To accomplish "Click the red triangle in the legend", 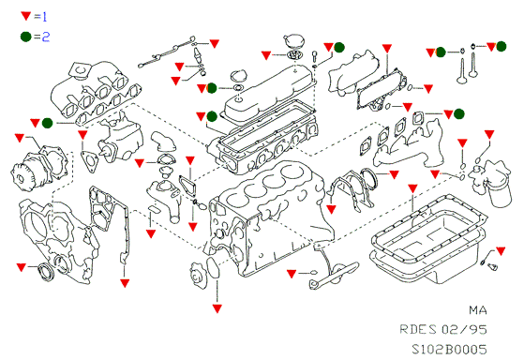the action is pyautogui.click(x=26, y=15).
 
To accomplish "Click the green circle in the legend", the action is pyautogui.click(x=25, y=37).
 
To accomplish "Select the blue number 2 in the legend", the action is pyautogui.click(x=46, y=37).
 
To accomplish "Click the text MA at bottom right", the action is pyautogui.click(x=478, y=310).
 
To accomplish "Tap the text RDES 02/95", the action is pyautogui.click(x=443, y=330).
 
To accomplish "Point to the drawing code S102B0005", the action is pyautogui.click(x=449, y=350).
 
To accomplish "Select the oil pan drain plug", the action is pyautogui.click(x=492, y=266).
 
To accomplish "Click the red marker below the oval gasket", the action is pyautogui.click(x=217, y=308).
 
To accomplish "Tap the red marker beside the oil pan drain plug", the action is pyautogui.click(x=501, y=250).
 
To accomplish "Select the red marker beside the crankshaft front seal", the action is pyautogui.click(x=21, y=267).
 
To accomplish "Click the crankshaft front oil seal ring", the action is pyautogui.click(x=45, y=272).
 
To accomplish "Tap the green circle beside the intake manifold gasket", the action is pyautogui.click(x=47, y=123).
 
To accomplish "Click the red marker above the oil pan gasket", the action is pyautogui.click(x=413, y=188).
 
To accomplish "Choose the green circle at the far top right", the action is pyautogui.click(x=501, y=47).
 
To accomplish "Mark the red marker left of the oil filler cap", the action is pyautogui.click(x=266, y=55).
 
